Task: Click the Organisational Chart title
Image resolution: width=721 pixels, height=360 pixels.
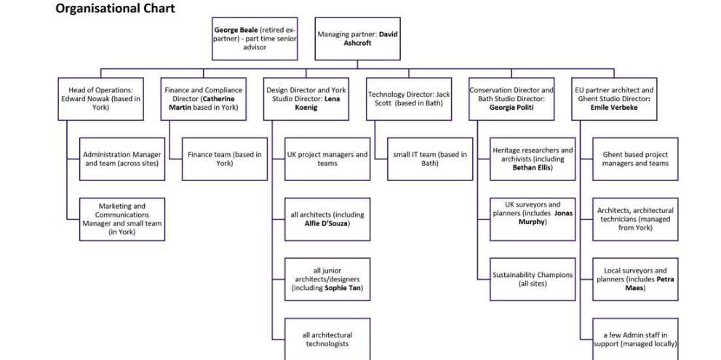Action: pos(115,9)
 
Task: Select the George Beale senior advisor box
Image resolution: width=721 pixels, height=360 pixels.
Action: pos(255,39)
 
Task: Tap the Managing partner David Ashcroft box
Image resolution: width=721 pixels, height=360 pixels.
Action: pos(357,39)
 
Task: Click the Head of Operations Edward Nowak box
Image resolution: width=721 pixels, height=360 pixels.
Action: pos(101,99)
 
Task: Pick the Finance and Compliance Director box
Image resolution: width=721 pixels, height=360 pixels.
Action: pos(203,99)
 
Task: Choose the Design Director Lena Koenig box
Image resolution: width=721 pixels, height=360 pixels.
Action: pos(306,99)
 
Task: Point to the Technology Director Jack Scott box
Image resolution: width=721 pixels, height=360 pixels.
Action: pos(408,99)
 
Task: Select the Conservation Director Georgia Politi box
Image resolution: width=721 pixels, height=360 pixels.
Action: pos(511,99)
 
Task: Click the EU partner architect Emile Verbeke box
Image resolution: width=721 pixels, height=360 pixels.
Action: pos(614,99)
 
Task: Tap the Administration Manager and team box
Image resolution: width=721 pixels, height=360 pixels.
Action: pos(122,159)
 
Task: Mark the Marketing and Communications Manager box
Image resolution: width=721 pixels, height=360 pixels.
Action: pos(122,219)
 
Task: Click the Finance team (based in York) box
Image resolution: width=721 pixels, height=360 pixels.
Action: pos(224,159)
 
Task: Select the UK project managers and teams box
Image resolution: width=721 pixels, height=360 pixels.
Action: pos(327,159)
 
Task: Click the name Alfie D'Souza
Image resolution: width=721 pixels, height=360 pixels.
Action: pos(327,224)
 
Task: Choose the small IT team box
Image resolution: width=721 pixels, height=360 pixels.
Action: pos(430,159)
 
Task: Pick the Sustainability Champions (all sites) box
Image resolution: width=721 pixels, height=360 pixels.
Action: pos(533,279)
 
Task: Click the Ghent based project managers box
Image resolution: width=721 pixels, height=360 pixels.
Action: pos(635,159)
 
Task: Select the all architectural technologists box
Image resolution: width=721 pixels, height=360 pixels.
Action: pos(327,339)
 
